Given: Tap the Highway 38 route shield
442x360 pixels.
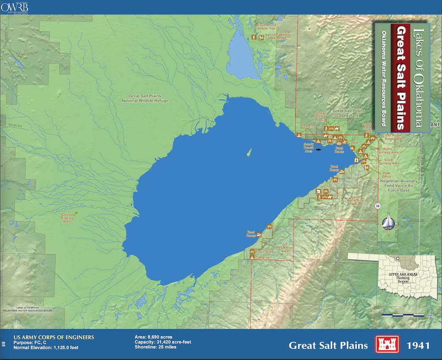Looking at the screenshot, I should click(377, 206).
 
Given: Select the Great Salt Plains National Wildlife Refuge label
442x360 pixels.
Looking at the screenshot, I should click(145, 98).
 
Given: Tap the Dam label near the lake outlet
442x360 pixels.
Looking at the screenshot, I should click(354, 143).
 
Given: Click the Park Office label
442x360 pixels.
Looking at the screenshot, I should click(386, 174).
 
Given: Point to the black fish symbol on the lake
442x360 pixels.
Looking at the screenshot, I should click(319, 150).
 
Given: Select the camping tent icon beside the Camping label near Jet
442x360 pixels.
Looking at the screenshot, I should click(252, 257).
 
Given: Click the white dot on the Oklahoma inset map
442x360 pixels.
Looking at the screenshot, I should click(398, 258).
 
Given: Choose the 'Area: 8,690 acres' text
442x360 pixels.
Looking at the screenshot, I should click(153, 337).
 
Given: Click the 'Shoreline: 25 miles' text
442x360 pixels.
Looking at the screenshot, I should click(156, 347).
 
